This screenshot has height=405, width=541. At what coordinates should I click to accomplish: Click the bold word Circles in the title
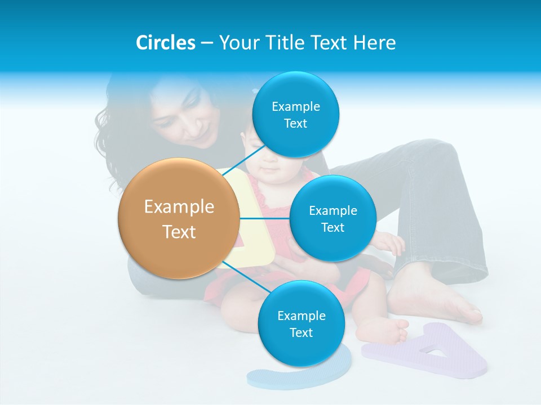click(x=166, y=43)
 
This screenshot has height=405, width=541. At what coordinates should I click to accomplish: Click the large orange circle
click(x=179, y=218)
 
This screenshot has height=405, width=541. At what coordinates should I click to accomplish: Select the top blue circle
click(x=295, y=115)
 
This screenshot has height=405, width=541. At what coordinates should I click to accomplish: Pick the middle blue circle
click(x=332, y=218)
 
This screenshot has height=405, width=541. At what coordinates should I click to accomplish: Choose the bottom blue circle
click(x=301, y=323)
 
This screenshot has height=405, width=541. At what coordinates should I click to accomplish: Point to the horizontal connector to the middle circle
click(x=264, y=218)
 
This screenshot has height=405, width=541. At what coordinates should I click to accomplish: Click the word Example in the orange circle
click(x=179, y=207)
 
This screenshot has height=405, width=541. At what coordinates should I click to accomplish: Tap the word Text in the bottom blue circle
click(x=301, y=332)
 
